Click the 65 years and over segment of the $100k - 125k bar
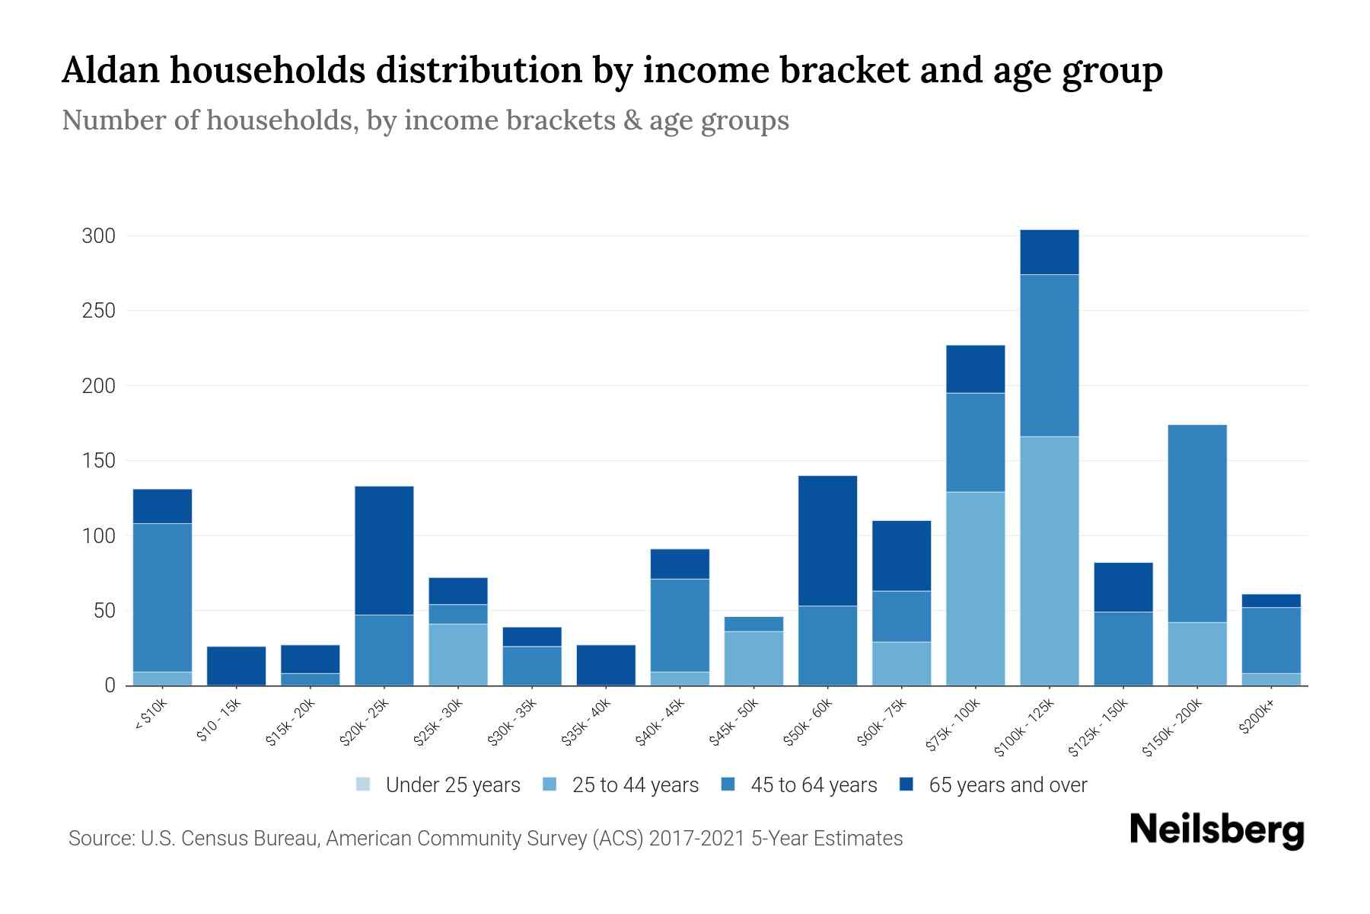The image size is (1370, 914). (1049, 252)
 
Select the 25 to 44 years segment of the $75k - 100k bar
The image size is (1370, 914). (975, 589)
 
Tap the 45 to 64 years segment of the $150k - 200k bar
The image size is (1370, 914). (1196, 523)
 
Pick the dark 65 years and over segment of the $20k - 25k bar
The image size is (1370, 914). (384, 550)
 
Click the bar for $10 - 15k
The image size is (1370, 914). (236, 666)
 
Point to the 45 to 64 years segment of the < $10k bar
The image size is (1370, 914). (162, 597)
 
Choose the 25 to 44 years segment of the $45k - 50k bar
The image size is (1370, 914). (753, 658)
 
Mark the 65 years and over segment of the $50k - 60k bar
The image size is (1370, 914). (827, 541)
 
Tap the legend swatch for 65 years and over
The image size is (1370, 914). (906, 785)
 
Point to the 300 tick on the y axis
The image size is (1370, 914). (98, 236)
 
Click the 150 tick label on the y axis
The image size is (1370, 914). (98, 461)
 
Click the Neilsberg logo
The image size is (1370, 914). (1216, 830)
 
